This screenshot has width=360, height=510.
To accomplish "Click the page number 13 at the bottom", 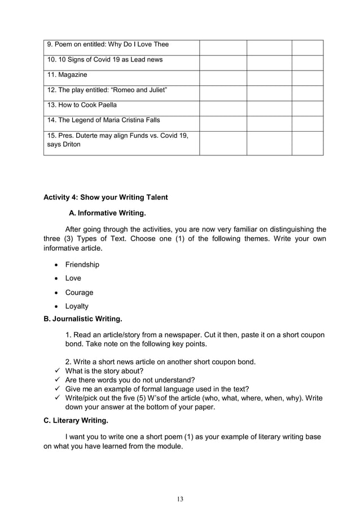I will pyautogui.click(x=180, y=499).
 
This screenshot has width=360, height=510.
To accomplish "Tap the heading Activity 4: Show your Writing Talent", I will pyautogui.click(x=106, y=198).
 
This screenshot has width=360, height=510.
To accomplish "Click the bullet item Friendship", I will pyautogui.click(x=82, y=264).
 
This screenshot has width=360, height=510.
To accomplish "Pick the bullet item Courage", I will pyautogui.click(x=79, y=293).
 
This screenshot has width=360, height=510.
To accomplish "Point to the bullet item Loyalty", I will pyautogui.click(x=77, y=306).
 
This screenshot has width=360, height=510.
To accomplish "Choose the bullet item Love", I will pyautogui.click(x=73, y=278).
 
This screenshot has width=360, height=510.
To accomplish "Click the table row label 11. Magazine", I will pyautogui.click(x=67, y=75).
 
